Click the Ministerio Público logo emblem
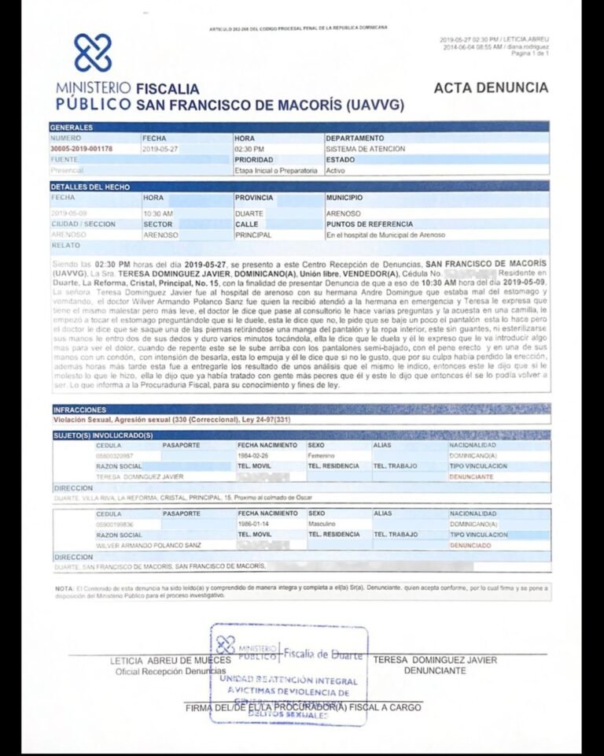(x=93, y=53)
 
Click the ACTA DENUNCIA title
(x=490, y=88)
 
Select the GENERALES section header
(x=72, y=127)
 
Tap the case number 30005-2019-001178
(x=81, y=148)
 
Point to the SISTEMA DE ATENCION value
(x=366, y=148)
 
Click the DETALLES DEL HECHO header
(x=90, y=187)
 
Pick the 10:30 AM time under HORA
(x=158, y=213)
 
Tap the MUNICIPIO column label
(x=344, y=198)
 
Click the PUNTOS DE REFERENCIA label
(x=370, y=224)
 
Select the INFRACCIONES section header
(x=79, y=409)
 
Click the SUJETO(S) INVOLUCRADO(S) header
(x=103, y=435)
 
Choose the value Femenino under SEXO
(x=322, y=455)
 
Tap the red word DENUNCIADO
(x=470, y=545)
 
